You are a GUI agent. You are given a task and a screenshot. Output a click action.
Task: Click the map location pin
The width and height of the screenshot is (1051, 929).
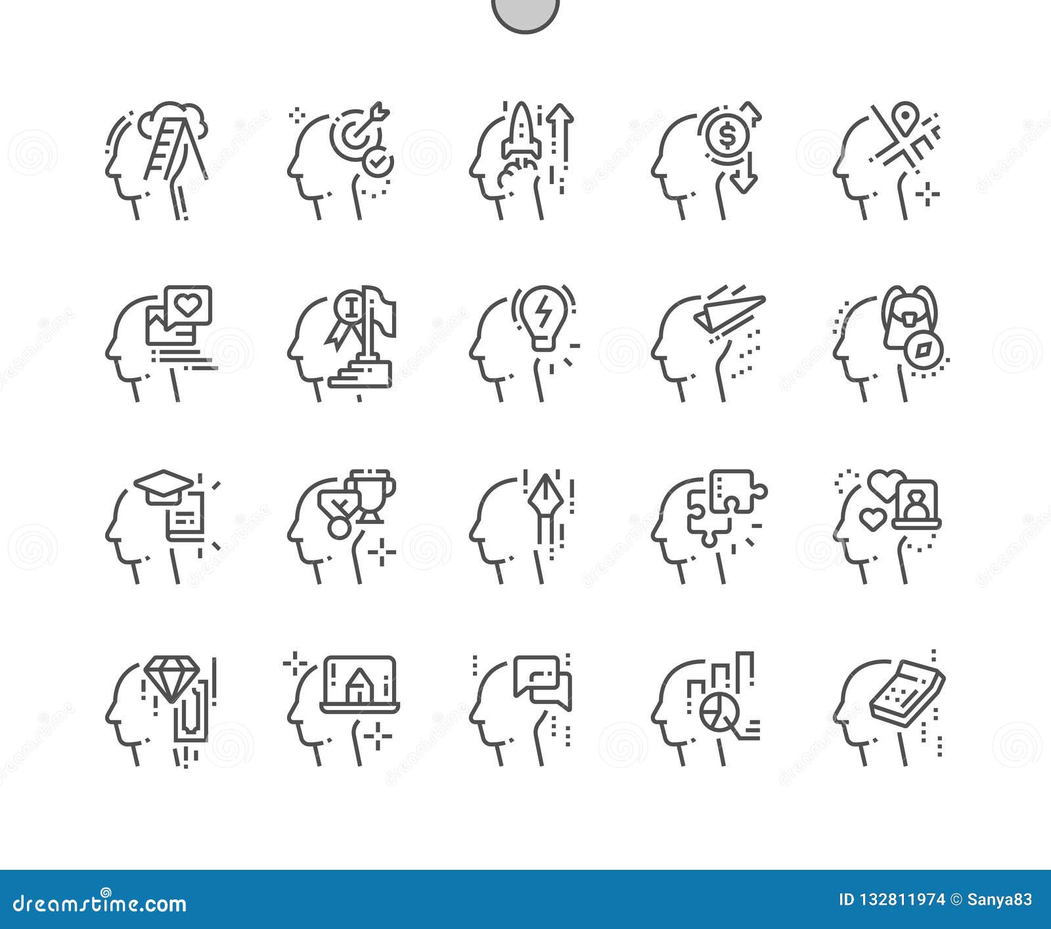pos(907,114)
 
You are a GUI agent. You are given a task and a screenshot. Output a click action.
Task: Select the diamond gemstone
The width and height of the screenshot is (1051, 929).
pos(172,679)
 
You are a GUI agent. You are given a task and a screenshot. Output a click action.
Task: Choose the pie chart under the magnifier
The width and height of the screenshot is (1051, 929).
pos(714,713)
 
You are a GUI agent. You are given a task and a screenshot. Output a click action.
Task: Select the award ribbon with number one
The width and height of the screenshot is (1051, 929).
pos(346,316)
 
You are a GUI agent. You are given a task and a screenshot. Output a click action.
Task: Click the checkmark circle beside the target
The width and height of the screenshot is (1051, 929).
pos(379,162)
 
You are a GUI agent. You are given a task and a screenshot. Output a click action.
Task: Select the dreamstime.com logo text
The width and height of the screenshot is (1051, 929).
pos(100,903)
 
